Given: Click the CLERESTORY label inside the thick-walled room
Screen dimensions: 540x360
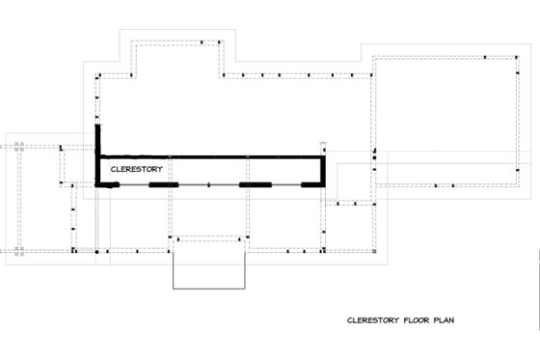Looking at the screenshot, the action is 136,168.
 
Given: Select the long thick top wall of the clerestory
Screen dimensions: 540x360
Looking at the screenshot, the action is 210,156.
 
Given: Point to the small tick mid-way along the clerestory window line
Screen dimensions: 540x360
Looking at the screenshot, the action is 207,183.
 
